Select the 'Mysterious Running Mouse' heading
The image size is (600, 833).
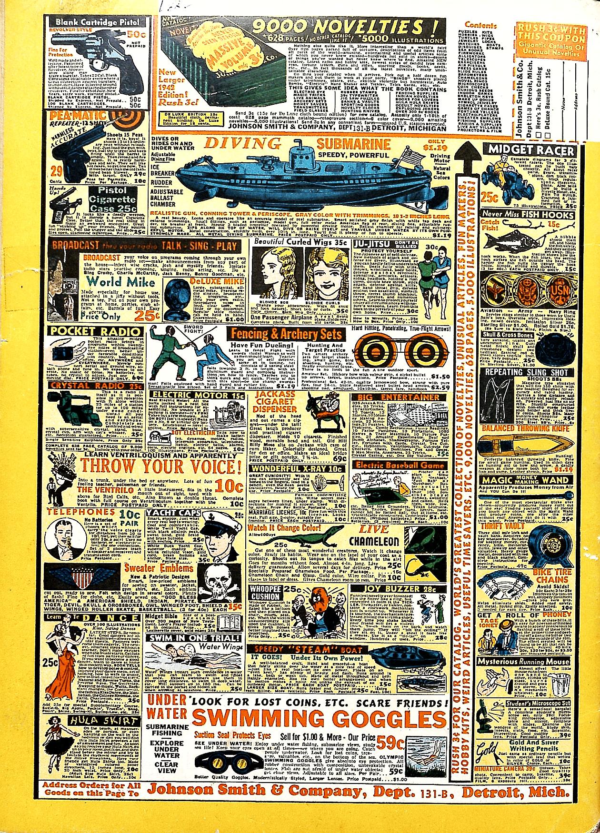point(523,661)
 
